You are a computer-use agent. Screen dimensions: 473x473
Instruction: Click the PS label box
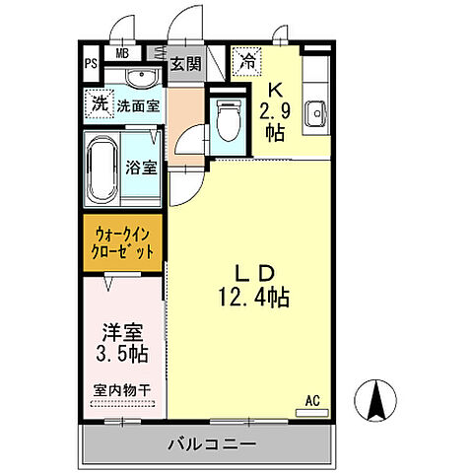tap(91, 64)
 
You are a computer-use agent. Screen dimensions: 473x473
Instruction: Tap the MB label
tap(123, 53)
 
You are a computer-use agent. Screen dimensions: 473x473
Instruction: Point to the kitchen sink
tap(315, 111)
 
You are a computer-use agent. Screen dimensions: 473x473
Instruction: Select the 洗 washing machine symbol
tap(99, 101)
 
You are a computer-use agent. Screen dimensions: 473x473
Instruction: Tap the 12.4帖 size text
tap(251, 295)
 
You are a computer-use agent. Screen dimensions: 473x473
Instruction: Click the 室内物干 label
tap(123, 391)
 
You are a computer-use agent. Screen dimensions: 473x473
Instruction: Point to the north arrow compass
tap(380, 401)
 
